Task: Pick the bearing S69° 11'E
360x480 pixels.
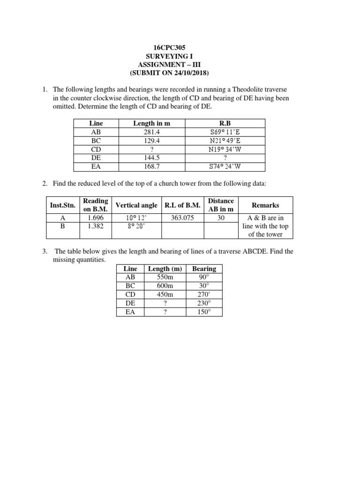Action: click(x=225, y=132)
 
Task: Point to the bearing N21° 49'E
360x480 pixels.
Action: click(x=225, y=141)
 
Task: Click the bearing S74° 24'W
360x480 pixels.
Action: click(x=225, y=166)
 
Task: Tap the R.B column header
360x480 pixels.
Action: click(x=225, y=123)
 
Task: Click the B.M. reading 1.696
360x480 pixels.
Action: click(x=96, y=218)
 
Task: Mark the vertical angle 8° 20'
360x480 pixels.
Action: click(x=136, y=226)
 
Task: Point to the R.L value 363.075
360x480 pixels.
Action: click(x=182, y=218)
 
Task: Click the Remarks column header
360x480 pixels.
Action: click(x=265, y=205)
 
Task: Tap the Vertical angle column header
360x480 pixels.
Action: click(x=136, y=205)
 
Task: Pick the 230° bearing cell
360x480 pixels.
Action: click(x=204, y=303)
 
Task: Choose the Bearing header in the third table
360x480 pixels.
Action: click(x=204, y=269)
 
